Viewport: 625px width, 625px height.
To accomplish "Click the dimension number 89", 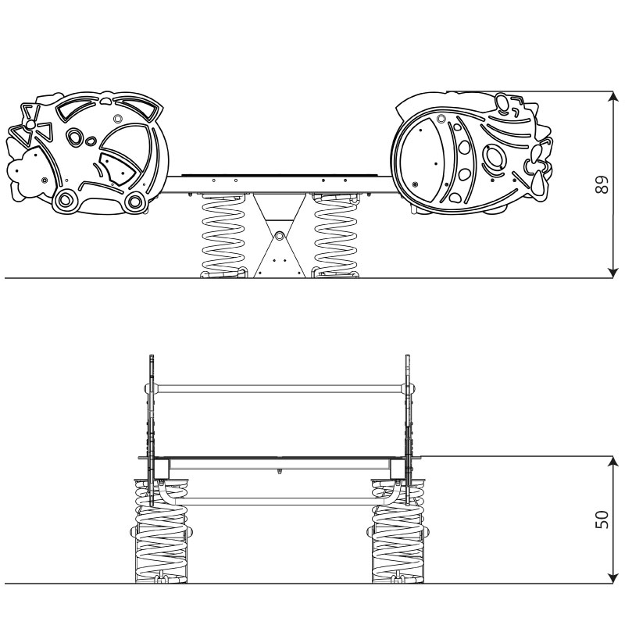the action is [x=602, y=184].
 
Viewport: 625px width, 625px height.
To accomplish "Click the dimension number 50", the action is [x=602, y=520].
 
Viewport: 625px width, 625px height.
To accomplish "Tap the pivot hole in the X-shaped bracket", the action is [x=280, y=235].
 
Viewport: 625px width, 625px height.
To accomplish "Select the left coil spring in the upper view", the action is [x=223, y=236].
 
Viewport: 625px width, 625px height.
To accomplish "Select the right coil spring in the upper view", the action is [x=335, y=236].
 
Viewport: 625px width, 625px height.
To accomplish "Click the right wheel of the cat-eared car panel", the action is [x=135, y=202].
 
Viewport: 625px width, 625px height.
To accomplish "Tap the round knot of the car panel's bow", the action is [x=30, y=125].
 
